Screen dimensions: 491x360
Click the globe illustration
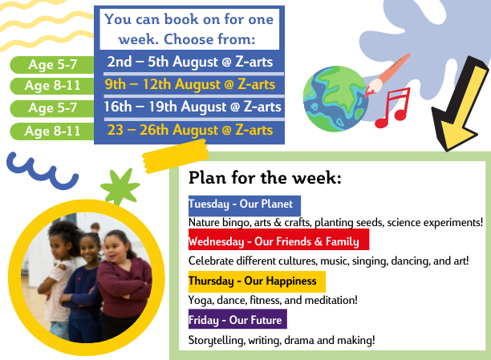coord(335,99)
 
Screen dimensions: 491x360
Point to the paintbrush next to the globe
coord(387,75)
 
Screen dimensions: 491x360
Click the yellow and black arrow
coord(460,103)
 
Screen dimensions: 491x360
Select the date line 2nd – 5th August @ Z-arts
coord(190,62)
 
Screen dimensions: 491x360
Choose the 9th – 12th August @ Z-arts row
coord(190,84)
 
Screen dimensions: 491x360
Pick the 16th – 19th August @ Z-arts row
coord(193,107)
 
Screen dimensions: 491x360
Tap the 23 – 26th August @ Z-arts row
coord(190,130)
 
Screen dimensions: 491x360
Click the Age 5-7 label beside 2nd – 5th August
coord(52,64)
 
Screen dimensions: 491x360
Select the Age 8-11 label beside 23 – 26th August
coord(52,131)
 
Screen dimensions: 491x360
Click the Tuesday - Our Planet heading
coord(244,204)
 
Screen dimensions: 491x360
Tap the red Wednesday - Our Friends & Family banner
coord(278,241)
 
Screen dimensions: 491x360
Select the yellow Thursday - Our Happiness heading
coord(257,281)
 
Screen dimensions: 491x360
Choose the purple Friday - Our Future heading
coord(237,320)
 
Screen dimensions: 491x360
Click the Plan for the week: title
coord(265,178)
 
